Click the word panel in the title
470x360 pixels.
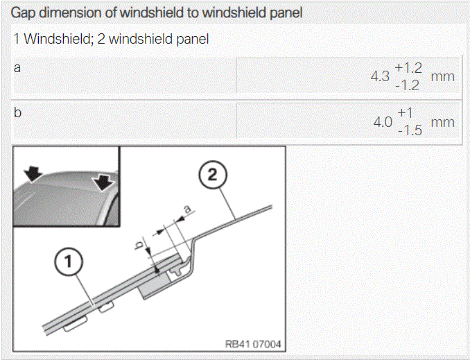point(286,13)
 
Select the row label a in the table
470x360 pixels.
point(17,68)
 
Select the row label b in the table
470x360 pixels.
point(17,112)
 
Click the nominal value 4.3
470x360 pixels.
point(380,76)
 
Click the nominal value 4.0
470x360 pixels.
point(383,122)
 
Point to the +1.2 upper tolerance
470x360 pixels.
point(408,68)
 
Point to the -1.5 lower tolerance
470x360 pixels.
point(410,131)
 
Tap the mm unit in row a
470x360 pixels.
point(443,77)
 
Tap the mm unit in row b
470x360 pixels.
point(443,123)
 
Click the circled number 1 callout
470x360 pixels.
point(69,262)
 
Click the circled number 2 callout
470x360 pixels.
point(213,175)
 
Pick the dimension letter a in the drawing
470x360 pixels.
point(187,209)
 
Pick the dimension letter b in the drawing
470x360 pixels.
point(139,246)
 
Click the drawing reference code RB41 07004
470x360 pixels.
point(253,344)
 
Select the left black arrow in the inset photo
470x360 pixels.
point(33,174)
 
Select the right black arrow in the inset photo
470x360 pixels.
point(103,182)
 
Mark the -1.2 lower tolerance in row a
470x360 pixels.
point(407,86)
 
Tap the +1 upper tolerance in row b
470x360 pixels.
point(405,113)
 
